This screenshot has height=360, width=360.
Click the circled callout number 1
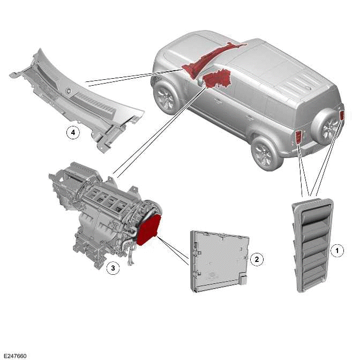(337, 250)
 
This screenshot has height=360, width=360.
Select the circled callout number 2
(257, 259)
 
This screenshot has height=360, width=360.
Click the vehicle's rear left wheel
(265, 152)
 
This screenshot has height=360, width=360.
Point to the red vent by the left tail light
(298, 139)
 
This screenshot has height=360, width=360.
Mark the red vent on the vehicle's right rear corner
(341, 115)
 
